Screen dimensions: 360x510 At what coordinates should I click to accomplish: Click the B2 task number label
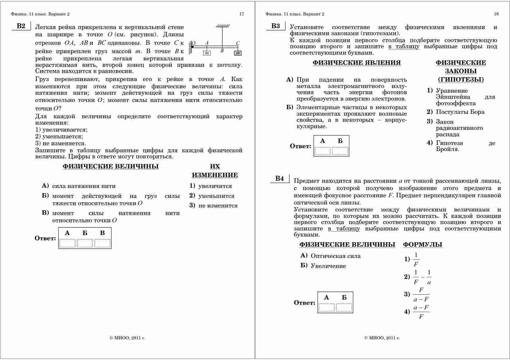click(21, 26)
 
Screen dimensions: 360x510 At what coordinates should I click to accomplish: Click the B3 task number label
click(275, 26)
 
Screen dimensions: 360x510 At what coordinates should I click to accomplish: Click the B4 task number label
click(279, 179)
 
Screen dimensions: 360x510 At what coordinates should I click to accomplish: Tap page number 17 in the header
click(242, 14)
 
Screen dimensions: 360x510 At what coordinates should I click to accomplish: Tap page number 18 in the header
click(496, 14)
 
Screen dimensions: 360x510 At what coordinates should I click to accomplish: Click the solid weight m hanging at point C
click(238, 53)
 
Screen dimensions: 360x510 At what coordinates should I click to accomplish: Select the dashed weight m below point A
click(207, 53)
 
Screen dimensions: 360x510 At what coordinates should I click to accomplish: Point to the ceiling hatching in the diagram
click(223, 26)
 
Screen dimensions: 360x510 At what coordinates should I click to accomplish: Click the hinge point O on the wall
click(192, 46)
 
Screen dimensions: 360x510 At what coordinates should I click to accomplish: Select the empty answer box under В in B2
click(102, 243)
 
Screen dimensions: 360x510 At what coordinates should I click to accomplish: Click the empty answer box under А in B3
click(322, 151)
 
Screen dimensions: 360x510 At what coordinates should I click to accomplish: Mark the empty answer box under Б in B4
click(344, 307)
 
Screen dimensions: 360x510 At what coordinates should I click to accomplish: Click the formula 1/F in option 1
click(416, 259)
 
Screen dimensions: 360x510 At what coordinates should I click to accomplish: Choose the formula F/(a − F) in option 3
click(421, 294)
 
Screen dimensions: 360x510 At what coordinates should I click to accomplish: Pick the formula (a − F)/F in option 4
click(421, 312)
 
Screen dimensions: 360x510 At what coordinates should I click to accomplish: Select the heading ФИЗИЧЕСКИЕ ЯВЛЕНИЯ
click(356, 63)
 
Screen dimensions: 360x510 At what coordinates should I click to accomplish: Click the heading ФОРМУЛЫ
click(422, 245)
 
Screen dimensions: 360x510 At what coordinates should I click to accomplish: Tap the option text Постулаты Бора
click(460, 112)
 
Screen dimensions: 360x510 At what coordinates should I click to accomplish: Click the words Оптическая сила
click(336, 256)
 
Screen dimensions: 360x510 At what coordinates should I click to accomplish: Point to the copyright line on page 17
click(127, 338)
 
